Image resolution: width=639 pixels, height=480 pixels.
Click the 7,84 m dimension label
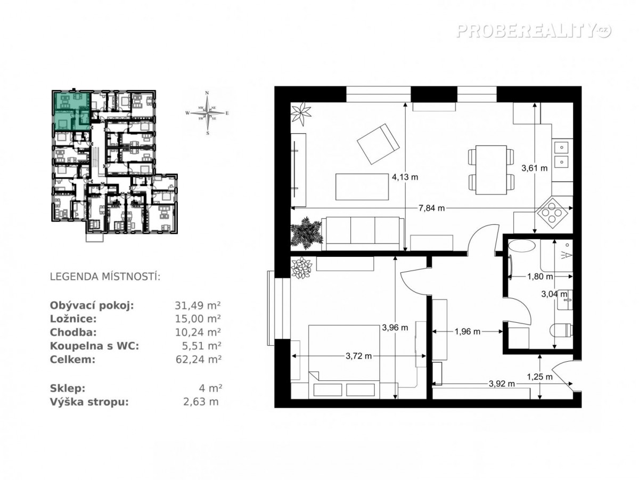pos(431,208)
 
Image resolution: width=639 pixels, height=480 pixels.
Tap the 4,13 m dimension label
pos(405,177)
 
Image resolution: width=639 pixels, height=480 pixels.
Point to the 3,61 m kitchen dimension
pos(534,168)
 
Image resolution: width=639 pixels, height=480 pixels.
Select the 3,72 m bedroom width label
pos(358,356)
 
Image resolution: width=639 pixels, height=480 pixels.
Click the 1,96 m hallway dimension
pos(467,331)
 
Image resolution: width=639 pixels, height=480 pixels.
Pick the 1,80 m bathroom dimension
pos(539,276)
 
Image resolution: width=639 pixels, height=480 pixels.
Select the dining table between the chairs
pos(490,170)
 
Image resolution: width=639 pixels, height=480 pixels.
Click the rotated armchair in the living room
pos(378,144)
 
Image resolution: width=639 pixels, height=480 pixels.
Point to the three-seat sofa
pos(363,233)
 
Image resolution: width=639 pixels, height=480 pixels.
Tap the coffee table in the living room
pos(362,186)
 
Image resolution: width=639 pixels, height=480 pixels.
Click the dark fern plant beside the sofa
pos(307,232)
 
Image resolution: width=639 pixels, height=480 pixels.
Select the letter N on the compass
pos(207,93)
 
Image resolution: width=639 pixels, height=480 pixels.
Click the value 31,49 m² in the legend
pos(198,306)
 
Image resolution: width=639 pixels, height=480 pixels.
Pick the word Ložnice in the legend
pos(73,319)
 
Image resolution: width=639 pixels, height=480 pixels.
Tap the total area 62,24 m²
pos(198,360)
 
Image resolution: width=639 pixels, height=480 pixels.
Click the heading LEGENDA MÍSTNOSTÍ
pos(105,276)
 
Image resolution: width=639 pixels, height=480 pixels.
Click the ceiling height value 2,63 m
pos(201,402)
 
